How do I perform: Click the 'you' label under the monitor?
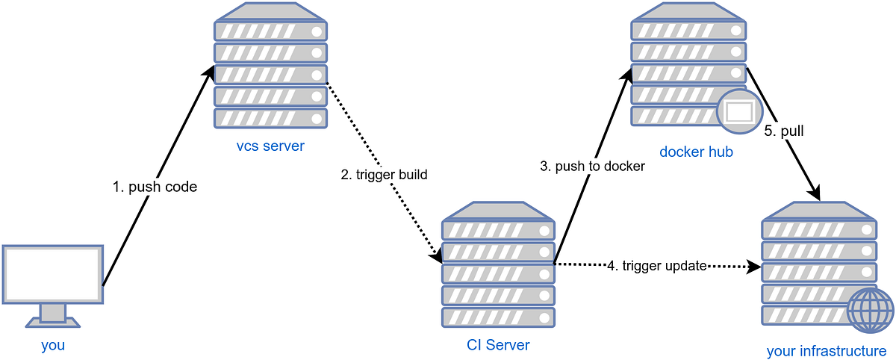[x=52, y=345]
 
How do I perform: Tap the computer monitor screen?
[x=52, y=273]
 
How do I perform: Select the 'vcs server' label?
[x=270, y=146]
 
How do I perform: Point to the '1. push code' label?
[x=155, y=187]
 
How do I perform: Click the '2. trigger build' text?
[x=385, y=175]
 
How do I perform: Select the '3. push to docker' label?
[x=592, y=166]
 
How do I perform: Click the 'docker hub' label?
[x=696, y=152]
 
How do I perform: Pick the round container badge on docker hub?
[x=738, y=112]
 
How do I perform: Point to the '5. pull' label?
[x=783, y=131]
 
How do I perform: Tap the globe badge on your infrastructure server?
[x=870, y=310]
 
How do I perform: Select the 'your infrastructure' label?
[x=826, y=351]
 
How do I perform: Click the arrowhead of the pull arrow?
[x=816, y=194]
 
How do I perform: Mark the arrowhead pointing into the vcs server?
[x=211, y=73]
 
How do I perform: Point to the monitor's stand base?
[x=52, y=323]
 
